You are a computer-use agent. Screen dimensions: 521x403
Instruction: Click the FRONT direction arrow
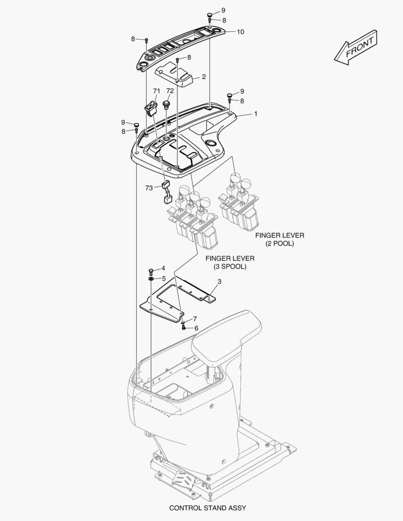355,47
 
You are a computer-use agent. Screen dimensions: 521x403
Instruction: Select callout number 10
240,32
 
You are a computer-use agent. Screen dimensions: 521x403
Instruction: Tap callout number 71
156,91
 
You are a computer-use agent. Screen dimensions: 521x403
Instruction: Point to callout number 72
170,91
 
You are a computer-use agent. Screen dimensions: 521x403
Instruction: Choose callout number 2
204,77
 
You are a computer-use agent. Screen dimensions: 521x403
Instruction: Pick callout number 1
255,114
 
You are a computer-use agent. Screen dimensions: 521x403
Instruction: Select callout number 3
219,281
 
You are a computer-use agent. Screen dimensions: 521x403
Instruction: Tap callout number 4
163,268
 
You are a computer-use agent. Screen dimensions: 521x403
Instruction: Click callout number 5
164,278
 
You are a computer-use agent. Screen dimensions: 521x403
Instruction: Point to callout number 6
196,328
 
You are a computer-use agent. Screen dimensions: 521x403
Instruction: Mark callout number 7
195,319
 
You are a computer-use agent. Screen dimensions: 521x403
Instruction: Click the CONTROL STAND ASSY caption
208,508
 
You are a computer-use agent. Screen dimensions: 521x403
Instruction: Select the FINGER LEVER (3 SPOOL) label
230,262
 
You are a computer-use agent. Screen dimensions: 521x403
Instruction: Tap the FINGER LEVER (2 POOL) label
279,239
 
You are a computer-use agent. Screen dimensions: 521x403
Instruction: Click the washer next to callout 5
152,279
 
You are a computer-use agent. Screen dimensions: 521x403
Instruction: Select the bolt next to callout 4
152,270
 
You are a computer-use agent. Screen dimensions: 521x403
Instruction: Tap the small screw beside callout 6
184,328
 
